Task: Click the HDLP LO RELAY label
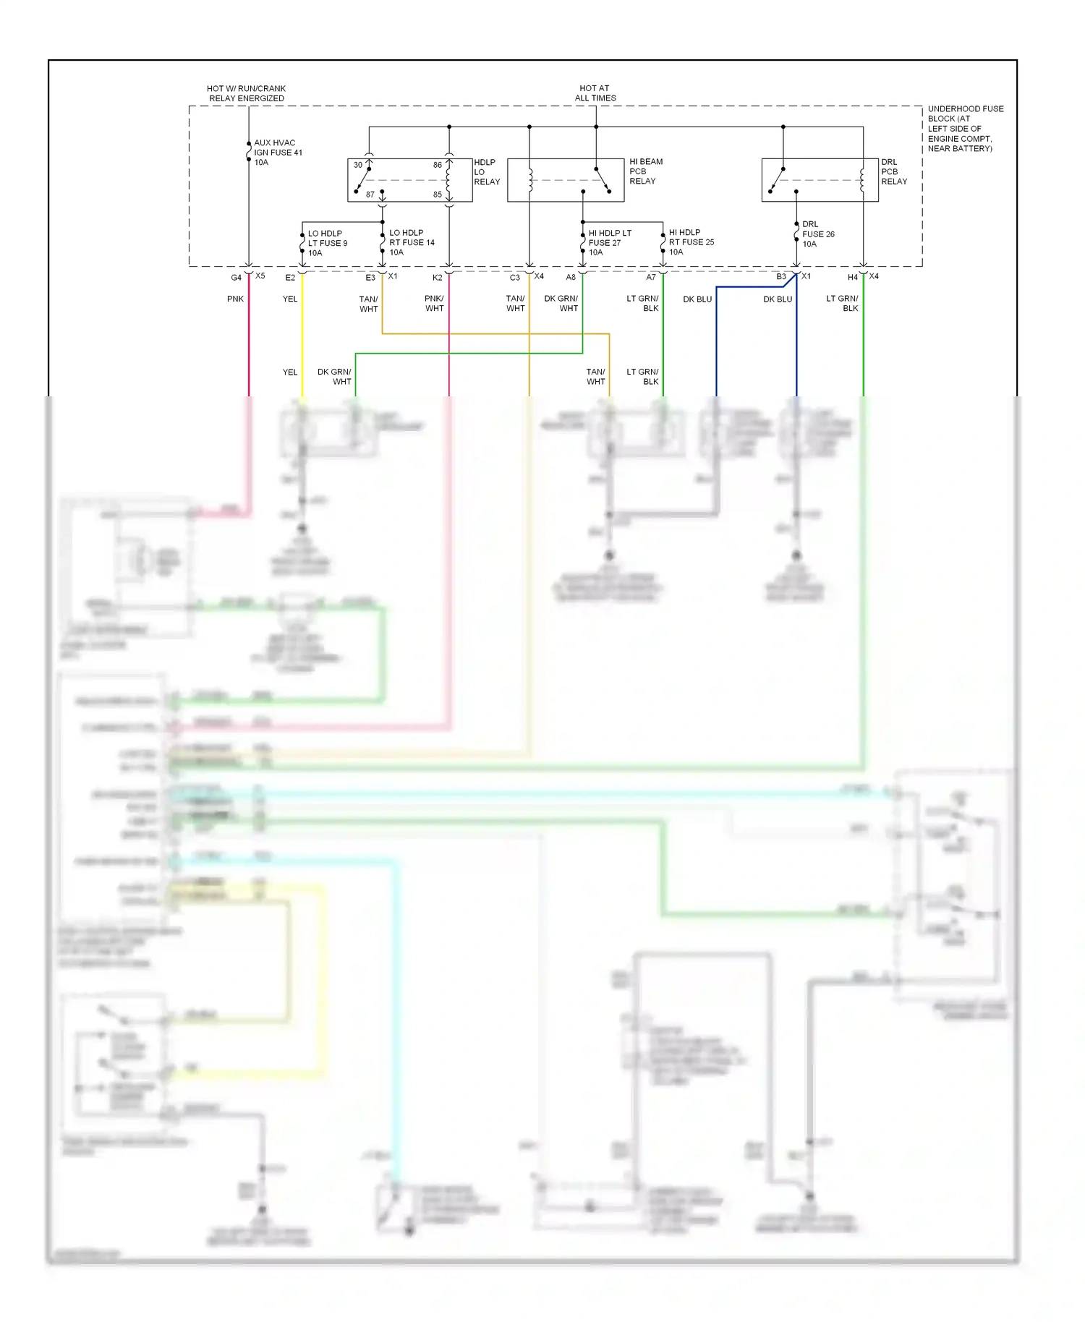tap(486, 172)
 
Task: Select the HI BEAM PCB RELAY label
tap(645, 171)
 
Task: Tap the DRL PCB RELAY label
tap(893, 172)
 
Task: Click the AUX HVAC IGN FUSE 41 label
tap(278, 153)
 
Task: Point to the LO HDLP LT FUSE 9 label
tap(327, 243)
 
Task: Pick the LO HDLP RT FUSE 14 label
tap(412, 243)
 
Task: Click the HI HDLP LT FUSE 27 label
tap(609, 243)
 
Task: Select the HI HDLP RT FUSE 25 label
tap(691, 242)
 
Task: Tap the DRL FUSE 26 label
tap(817, 234)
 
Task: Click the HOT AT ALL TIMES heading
tap(595, 93)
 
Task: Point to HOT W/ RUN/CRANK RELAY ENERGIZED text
tap(246, 93)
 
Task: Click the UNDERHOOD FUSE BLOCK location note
tap(964, 129)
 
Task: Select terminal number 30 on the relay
tap(358, 165)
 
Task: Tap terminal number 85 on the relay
tap(438, 195)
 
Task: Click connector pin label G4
tap(236, 278)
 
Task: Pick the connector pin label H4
tap(852, 278)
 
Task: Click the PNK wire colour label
tap(235, 299)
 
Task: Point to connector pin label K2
tap(437, 278)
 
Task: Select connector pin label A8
tap(571, 278)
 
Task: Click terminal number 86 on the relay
tap(438, 165)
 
